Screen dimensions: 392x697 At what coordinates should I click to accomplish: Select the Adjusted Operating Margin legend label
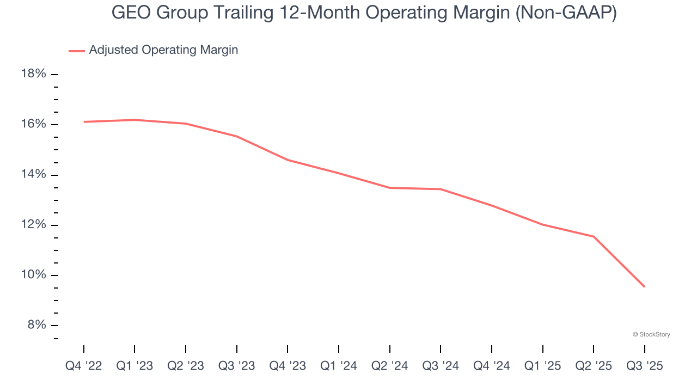pos(163,50)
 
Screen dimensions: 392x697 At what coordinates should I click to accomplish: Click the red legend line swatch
pos(77,51)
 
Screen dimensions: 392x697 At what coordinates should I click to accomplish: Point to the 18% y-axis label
pos(34,74)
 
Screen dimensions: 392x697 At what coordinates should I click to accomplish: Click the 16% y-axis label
pos(34,124)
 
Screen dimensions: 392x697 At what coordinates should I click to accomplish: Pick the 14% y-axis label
pos(34,174)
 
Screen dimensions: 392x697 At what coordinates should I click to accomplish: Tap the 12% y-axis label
pos(34,225)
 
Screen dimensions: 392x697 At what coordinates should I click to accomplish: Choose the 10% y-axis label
pos(34,275)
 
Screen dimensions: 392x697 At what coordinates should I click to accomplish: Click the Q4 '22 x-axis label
pos(84,366)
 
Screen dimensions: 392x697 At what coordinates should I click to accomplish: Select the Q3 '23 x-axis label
pos(237,366)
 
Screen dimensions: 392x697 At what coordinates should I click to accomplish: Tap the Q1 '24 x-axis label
pos(339,366)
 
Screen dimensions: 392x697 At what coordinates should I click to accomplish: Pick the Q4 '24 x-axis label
pos(492,366)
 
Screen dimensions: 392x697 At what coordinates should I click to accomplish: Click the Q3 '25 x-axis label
pos(645,366)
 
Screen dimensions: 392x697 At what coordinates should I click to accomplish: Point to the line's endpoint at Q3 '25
pos(645,287)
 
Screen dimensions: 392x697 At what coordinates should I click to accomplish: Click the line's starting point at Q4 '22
pos(84,122)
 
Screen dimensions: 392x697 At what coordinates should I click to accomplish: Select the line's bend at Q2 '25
pos(594,236)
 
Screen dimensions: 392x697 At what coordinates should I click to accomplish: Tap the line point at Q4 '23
pos(288,160)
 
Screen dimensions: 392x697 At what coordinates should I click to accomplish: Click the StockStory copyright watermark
pos(651,334)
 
